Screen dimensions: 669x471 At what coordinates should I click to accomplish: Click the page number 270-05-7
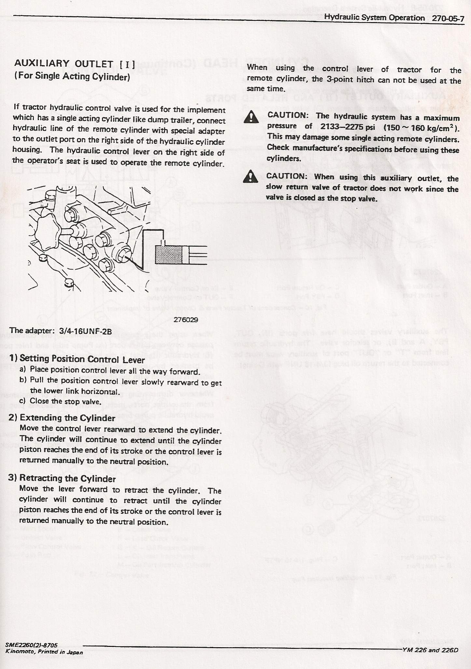[x=448, y=18]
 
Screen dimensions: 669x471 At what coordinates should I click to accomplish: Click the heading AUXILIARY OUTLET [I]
[x=75, y=64]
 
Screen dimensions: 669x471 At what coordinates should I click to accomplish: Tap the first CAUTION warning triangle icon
[x=251, y=117]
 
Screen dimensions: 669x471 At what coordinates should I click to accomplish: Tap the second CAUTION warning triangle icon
[x=250, y=177]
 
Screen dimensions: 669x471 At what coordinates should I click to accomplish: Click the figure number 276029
[x=186, y=319]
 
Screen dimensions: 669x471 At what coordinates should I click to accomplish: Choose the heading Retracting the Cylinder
[x=67, y=479]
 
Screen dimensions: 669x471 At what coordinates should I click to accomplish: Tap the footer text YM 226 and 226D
[x=430, y=641]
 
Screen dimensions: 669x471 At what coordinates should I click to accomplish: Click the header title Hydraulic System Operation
[x=375, y=18]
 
